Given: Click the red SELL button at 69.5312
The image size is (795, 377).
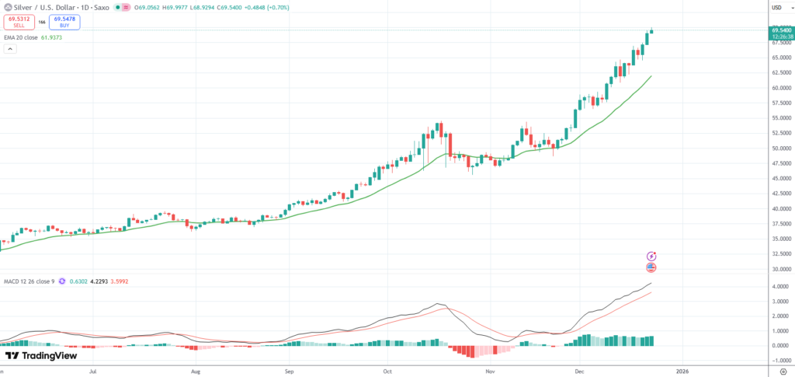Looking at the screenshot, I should [19, 22].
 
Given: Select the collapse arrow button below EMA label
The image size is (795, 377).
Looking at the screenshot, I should [10, 49].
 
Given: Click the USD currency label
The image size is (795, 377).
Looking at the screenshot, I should [776, 8].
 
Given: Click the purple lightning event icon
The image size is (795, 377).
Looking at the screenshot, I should [651, 256].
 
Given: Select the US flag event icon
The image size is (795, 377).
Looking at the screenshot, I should [651, 267].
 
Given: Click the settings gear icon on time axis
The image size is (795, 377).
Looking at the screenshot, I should [782, 372].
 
